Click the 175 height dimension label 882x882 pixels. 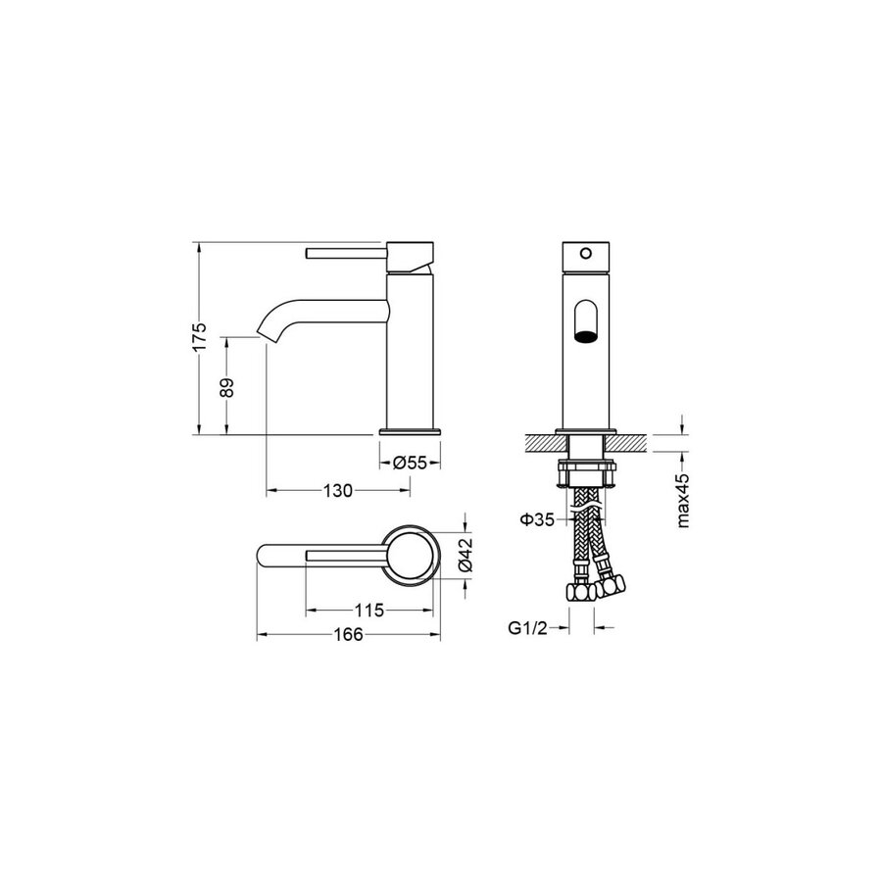pyautogui.click(x=200, y=337)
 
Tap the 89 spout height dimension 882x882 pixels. pyautogui.click(x=226, y=387)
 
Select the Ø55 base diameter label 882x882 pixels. pyautogui.click(x=410, y=463)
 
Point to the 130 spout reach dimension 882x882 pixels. pyautogui.click(x=337, y=491)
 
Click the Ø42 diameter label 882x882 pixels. pyautogui.click(x=466, y=555)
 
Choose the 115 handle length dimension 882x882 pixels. pyautogui.click(x=369, y=610)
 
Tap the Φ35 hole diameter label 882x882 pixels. pyautogui.click(x=537, y=519)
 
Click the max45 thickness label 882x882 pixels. pyautogui.click(x=682, y=500)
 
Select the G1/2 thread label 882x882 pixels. pyautogui.click(x=527, y=628)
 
